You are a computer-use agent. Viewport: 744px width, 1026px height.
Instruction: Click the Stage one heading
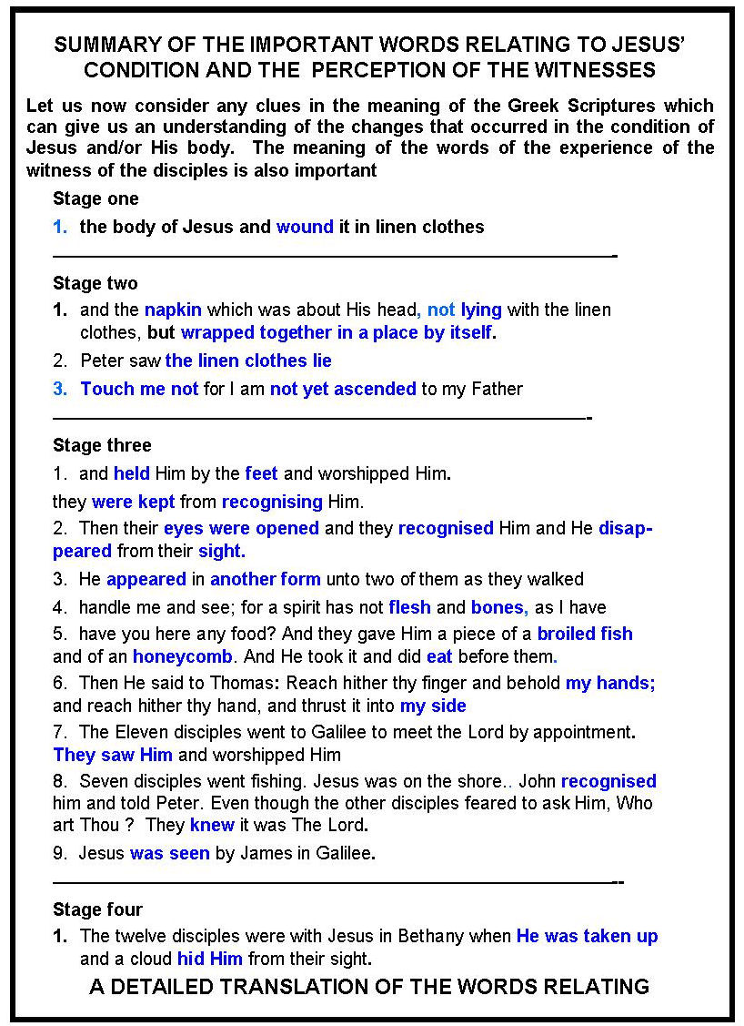coord(96,199)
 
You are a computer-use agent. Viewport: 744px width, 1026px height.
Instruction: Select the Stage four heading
coord(97,909)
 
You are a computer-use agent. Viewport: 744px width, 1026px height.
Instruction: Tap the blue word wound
coord(305,228)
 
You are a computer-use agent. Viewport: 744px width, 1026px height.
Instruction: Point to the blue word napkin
coord(173,310)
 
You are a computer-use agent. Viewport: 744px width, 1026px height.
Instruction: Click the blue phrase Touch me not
coord(139,389)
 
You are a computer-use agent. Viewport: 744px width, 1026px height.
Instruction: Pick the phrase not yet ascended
coord(343,389)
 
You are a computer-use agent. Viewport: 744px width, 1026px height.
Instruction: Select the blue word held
coord(132,473)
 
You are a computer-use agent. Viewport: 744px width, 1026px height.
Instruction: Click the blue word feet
coord(261,473)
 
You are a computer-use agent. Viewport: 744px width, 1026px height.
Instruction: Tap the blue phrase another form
coord(265,579)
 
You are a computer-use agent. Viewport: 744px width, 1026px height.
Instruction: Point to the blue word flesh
coord(409,607)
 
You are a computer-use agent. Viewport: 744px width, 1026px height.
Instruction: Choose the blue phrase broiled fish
coord(585,634)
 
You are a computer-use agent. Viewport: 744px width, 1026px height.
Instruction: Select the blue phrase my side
coord(433,706)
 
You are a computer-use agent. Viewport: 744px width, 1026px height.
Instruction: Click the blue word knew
coord(212,826)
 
